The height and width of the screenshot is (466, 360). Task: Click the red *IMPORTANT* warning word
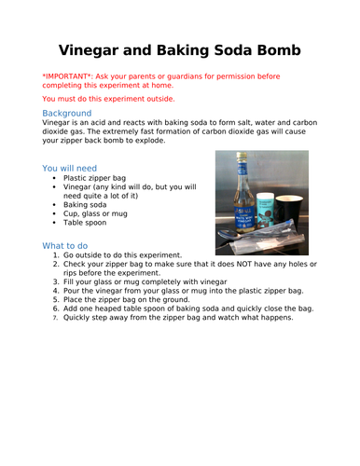point(68,79)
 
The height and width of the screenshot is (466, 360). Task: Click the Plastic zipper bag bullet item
point(98,177)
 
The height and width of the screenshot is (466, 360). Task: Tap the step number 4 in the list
point(56,291)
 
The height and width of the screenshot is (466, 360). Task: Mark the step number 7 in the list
point(56,318)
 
